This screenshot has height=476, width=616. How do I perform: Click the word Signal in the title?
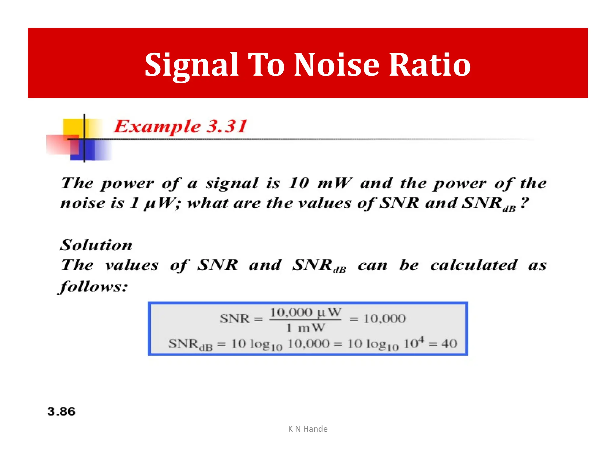192,65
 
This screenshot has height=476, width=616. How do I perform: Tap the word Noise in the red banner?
337,65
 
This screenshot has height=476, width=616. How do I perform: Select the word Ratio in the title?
430,65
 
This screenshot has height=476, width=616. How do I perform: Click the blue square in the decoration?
90,150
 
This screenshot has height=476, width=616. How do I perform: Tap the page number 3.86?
61,411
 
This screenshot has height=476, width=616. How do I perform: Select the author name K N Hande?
308,429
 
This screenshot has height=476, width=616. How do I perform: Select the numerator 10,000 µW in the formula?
305,312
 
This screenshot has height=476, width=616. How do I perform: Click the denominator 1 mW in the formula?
305,328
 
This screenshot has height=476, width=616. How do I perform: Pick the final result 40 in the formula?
449,343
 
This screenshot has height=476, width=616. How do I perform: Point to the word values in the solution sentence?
132,265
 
